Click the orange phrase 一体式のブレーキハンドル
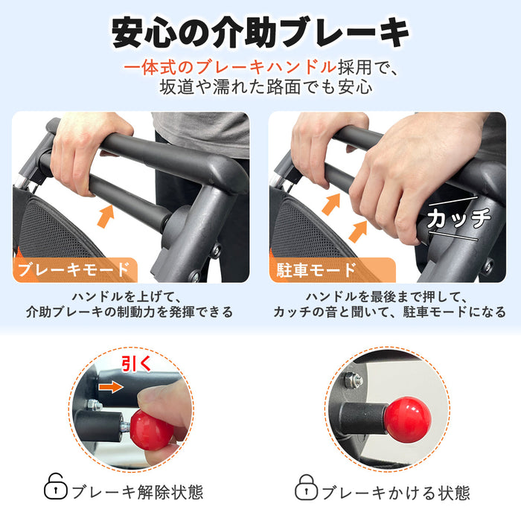coord(230,68)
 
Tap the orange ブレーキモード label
coord(74,269)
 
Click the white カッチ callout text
coord(459,218)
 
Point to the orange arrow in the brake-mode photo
coord(106,217)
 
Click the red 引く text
coord(136,363)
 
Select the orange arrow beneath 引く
coord(111,387)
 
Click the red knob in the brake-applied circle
coord(408,419)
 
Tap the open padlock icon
coord(55,487)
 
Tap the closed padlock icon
coord(307,487)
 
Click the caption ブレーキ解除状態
coord(137,492)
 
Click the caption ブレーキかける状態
coord(396,493)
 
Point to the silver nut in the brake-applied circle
coord(353,380)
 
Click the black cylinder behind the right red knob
coord(363,418)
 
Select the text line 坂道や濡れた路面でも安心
coord(266,87)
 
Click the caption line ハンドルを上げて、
coord(127,296)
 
